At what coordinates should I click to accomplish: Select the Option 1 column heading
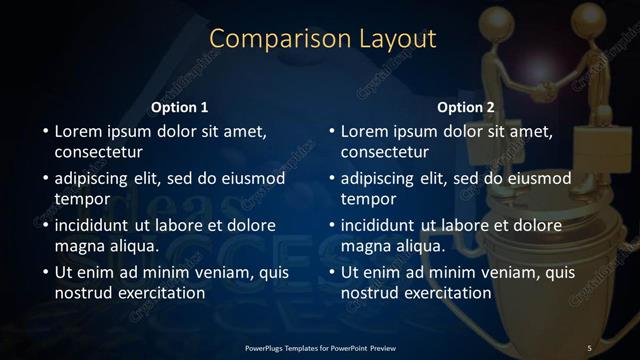180,107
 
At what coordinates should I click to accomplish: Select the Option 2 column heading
466,107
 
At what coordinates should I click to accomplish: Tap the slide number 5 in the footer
590,347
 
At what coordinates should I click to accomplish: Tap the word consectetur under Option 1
98,152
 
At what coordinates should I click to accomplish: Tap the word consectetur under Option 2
384,152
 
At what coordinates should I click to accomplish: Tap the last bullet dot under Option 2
331,273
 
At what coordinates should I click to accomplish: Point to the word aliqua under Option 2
420,245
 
